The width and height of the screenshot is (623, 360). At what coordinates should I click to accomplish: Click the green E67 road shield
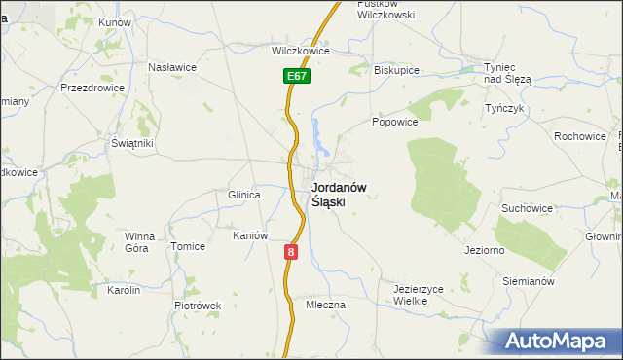click(297, 75)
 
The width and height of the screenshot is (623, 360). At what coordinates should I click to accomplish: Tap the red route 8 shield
click(290, 251)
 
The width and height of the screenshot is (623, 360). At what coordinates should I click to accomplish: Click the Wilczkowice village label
click(297, 51)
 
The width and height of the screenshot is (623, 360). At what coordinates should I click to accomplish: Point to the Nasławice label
click(172, 67)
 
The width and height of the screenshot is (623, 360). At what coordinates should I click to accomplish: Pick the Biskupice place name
click(395, 70)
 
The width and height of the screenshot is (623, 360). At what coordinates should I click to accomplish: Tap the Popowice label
click(394, 122)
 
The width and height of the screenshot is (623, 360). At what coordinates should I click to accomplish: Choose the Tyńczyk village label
click(505, 108)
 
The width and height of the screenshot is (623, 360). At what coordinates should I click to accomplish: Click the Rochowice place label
click(580, 136)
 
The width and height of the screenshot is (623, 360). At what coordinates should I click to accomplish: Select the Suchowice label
click(527, 208)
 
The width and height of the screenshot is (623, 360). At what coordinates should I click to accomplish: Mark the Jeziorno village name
click(483, 250)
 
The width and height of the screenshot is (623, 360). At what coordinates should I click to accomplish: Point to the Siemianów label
click(529, 281)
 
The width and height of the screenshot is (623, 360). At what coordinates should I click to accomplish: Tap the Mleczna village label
click(325, 305)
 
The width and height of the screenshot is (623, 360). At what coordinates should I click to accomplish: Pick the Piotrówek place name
click(199, 305)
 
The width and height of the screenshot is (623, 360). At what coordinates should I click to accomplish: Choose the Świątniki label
click(132, 143)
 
